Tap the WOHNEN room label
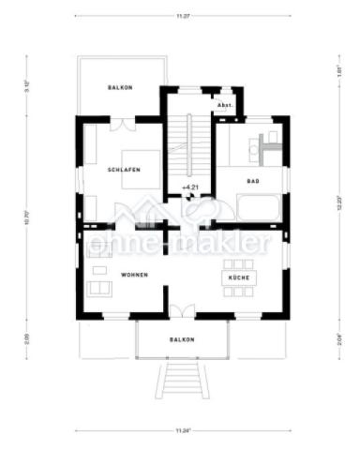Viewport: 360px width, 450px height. click(x=135, y=275)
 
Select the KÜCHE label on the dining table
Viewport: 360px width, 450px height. click(x=233, y=279)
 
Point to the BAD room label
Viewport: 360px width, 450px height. click(x=252, y=181)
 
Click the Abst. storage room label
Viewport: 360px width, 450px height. click(x=225, y=106)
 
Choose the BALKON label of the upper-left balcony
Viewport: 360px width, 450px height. click(x=119, y=87)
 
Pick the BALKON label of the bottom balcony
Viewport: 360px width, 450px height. click(x=182, y=339)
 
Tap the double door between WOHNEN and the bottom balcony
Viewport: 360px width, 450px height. click(x=182, y=313)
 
